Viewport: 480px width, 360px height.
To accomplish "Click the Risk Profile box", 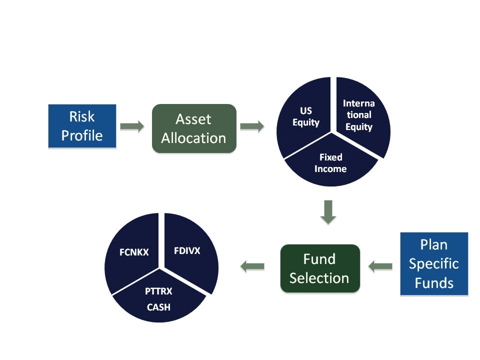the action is pyautogui.click(x=82, y=126).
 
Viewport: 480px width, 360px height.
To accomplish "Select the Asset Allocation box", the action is pyautogui.click(x=194, y=128).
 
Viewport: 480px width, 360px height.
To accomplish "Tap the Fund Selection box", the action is pyautogui.click(x=320, y=268).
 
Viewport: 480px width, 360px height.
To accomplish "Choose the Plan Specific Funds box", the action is pyautogui.click(x=434, y=264).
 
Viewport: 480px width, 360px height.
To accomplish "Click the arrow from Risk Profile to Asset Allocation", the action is pyautogui.click(x=132, y=126).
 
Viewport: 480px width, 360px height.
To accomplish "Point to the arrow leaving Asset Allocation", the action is pyautogui.click(x=252, y=126).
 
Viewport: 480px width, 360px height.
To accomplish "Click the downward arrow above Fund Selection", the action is pyautogui.click(x=328, y=212).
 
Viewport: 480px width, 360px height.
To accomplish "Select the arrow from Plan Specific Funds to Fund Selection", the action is pyautogui.click(x=380, y=266).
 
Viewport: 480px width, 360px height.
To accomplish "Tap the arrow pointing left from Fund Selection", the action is pyautogui.click(x=252, y=266).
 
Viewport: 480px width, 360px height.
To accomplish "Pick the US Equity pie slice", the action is pyautogui.click(x=304, y=119).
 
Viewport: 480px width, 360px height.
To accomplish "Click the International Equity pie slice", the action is pyautogui.click(x=361, y=116).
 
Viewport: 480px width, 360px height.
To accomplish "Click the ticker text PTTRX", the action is pyautogui.click(x=158, y=291).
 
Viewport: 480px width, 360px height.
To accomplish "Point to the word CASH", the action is pyautogui.click(x=158, y=307).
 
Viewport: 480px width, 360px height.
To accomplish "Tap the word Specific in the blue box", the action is pyautogui.click(x=434, y=264).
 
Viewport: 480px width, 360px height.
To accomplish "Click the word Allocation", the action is pyautogui.click(x=194, y=138).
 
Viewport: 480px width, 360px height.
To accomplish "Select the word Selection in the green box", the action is pyautogui.click(x=319, y=278).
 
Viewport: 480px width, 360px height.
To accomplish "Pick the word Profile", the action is pyautogui.click(x=82, y=135).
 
